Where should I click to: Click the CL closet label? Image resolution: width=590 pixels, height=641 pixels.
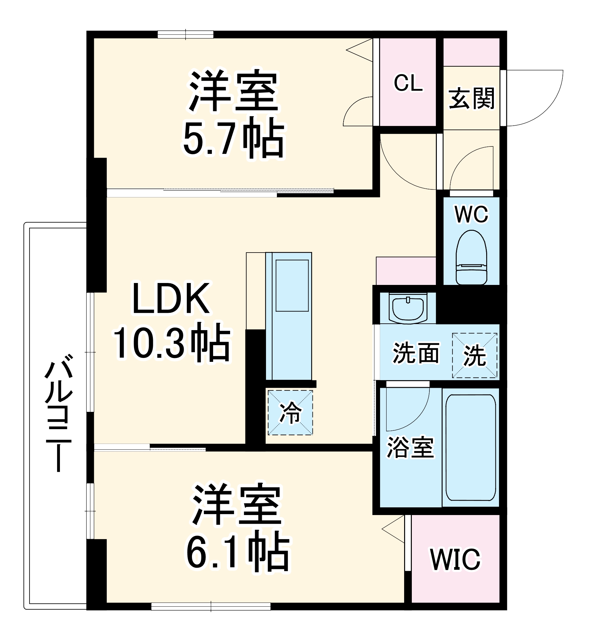point(408,83)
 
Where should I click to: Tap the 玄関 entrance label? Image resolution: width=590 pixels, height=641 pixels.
point(471,98)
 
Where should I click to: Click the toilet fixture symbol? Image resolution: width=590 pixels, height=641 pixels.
point(471,258)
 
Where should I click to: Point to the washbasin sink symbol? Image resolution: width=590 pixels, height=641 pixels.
point(408,308)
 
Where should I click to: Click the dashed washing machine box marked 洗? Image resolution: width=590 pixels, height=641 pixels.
point(475,355)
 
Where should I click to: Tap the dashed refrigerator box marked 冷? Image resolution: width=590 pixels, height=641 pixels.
point(290,412)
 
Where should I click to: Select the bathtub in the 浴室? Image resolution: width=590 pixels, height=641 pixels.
point(470,447)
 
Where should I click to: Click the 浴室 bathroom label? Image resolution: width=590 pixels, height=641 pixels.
point(410,447)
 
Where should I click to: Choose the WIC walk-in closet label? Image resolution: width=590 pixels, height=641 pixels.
point(455,559)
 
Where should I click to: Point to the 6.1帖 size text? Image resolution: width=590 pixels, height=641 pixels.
point(238,553)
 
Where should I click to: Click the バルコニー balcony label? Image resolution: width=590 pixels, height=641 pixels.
point(59,413)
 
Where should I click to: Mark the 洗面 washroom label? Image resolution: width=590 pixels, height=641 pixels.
point(416,353)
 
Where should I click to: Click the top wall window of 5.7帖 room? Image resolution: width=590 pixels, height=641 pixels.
point(186,35)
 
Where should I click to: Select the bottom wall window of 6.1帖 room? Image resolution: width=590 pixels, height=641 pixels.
point(211,606)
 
